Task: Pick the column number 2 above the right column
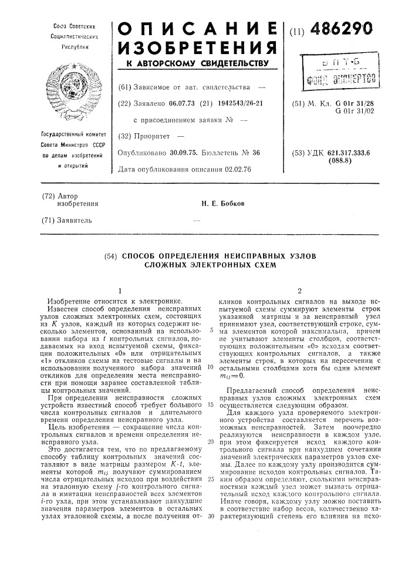[x=299, y=290]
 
